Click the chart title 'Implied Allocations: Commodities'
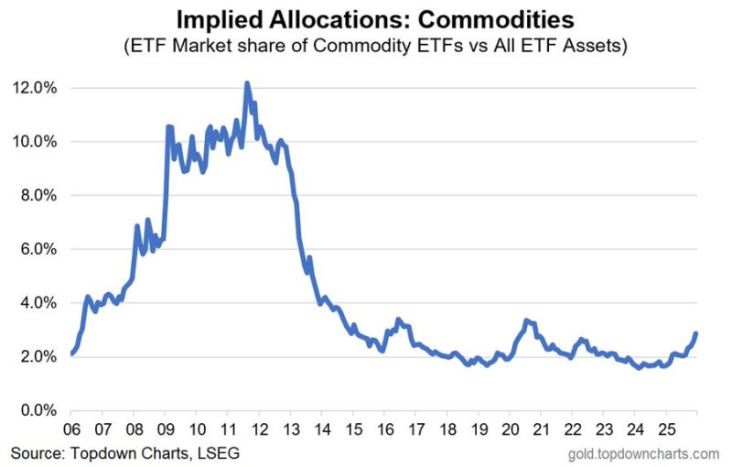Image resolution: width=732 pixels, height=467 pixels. (x=365, y=19)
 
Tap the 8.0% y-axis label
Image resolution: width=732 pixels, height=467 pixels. (x=39, y=196)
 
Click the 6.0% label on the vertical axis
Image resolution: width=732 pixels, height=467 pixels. (x=39, y=249)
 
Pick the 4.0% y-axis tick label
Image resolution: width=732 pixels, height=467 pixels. (x=39, y=303)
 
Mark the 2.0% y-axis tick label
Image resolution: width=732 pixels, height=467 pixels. (x=39, y=357)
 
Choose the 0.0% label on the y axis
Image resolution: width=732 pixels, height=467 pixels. (x=39, y=411)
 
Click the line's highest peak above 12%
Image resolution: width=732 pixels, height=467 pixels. (x=247, y=83)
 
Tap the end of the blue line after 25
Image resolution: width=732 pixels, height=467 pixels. (x=696, y=333)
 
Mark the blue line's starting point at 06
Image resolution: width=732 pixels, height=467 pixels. (x=71, y=353)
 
